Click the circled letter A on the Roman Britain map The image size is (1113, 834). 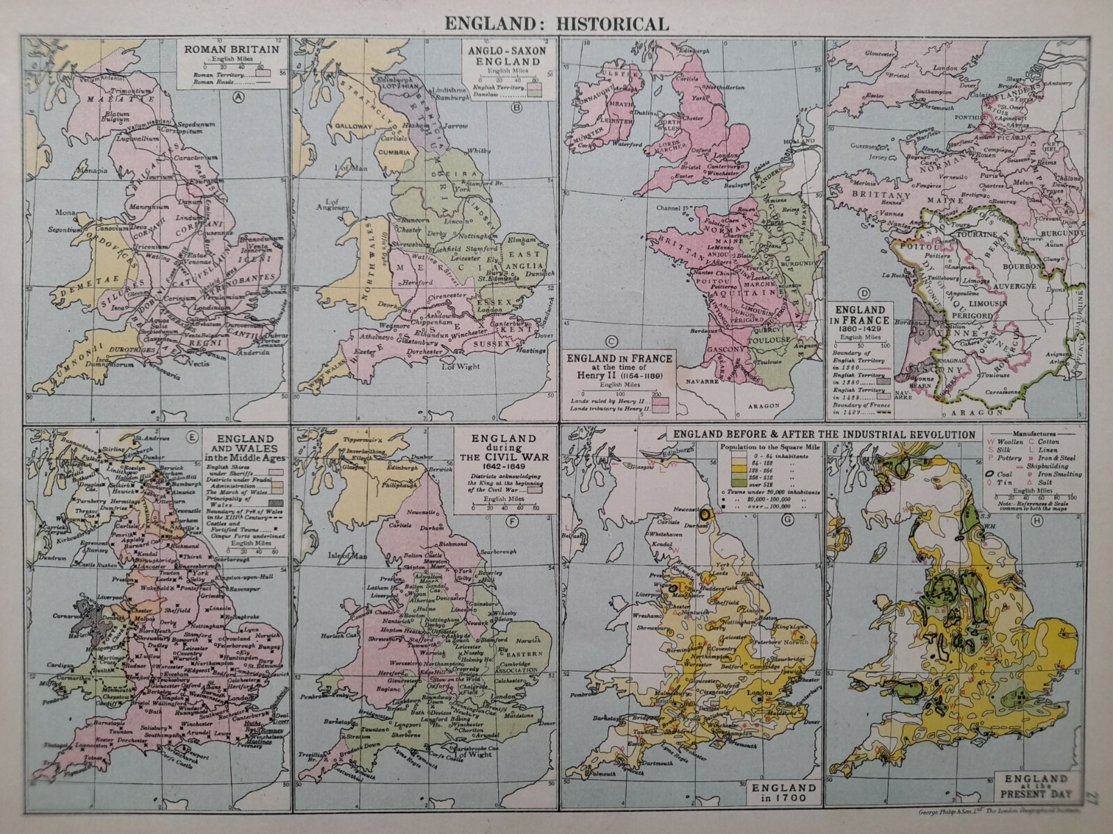point(239,97)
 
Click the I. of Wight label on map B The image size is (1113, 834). point(462,366)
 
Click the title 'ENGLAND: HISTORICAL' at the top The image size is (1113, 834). point(556,23)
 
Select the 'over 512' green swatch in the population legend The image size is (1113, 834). point(732,482)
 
